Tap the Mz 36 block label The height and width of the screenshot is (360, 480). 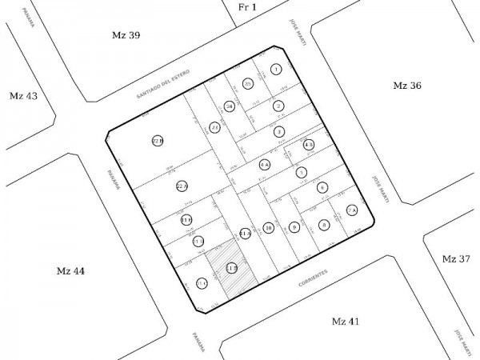pyautogui.click(x=407, y=86)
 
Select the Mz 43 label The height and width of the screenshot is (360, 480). pyautogui.click(x=22, y=96)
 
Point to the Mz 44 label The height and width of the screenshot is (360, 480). pyautogui.click(x=70, y=271)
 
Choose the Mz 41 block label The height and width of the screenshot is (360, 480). pyautogui.click(x=346, y=321)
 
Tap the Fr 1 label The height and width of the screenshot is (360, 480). pyautogui.click(x=247, y=7)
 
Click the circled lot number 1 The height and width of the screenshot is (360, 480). pyautogui.click(x=276, y=70)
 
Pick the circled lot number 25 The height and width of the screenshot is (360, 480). pyautogui.click(x=248, y=84)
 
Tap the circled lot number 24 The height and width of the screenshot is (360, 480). pyautogui.click(x=230, y=106)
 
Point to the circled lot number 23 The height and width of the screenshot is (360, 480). pyautogui.click(x=214, y=127)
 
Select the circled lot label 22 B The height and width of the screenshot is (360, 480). pyautogui.click(x=158, y=141)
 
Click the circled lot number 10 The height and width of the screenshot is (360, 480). pyautogui.click(x=269, y=228)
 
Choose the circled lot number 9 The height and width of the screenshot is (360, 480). pyautogui.click(x=294, y=227)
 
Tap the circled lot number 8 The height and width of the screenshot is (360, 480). pyautogui.click(x=323, y=226)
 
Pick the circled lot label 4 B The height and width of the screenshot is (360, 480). pyautogui.click(x=309, y=145)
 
